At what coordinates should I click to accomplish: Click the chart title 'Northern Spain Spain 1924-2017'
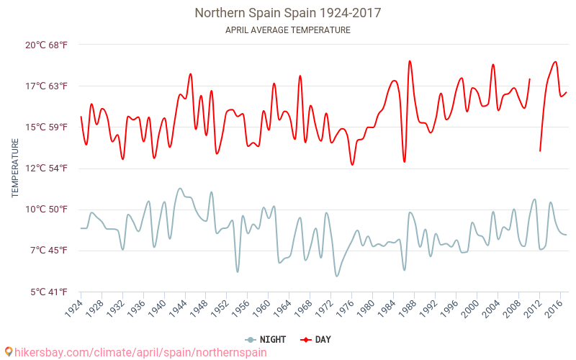[287, 13]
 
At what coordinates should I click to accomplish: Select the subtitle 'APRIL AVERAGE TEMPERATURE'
[287, 30]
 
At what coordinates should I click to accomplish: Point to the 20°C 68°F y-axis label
[47, 45]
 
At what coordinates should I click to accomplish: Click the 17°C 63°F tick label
[47, 86]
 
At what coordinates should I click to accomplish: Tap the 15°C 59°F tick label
[47, 127]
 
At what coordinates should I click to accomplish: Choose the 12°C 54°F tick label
[47, 168]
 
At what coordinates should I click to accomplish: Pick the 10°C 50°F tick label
[47, 210]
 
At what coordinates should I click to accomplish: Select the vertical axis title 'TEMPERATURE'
[15, 168]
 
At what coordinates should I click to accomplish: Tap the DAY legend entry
[317, 340]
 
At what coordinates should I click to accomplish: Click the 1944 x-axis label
[178, 309]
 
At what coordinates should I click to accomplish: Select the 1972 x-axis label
[324, 309]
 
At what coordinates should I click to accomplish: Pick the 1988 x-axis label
[407, 309]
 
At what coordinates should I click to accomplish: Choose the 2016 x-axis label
[553, 309]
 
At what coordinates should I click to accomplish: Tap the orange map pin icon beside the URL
[9, 352]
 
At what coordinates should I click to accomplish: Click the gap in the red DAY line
[535, 108]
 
